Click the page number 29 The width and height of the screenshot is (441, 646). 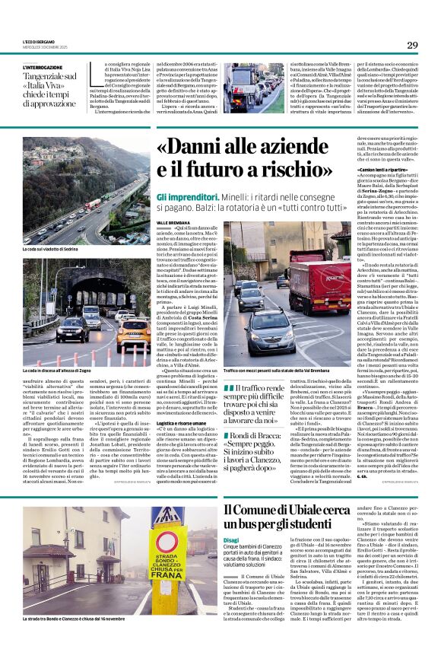[x=412, y=45]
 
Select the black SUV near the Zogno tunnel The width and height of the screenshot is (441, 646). [x=74, y=329]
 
